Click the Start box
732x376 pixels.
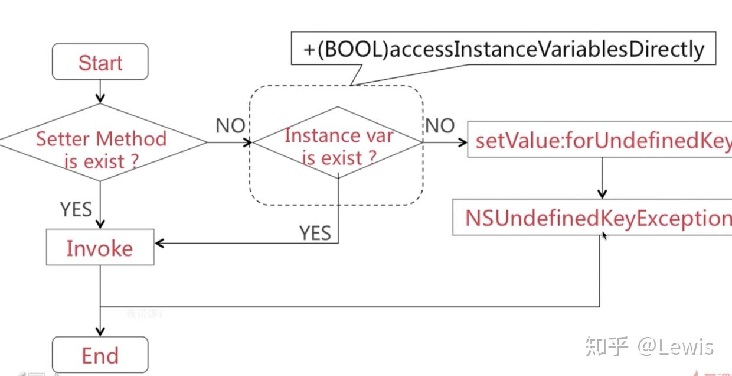[100, 61]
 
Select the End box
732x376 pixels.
[100, 355]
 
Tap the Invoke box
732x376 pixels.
[100, 247]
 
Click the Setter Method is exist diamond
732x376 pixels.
[101, 149]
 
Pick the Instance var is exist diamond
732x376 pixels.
[338, 145]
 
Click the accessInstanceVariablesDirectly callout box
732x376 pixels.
[503, 49]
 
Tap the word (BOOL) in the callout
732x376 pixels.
[352, 49]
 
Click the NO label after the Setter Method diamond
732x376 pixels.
[230, 125]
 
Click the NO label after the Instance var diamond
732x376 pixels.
[439, 125]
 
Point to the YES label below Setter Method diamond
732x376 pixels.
[76, 209]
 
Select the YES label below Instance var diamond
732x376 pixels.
[315, 232]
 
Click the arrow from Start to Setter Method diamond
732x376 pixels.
[100, 92]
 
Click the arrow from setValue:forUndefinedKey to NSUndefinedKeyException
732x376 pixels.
[602, 177]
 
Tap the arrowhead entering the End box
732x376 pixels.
[100, 331]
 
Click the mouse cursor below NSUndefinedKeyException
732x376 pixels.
[604, 235]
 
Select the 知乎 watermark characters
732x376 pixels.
[606, 346]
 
